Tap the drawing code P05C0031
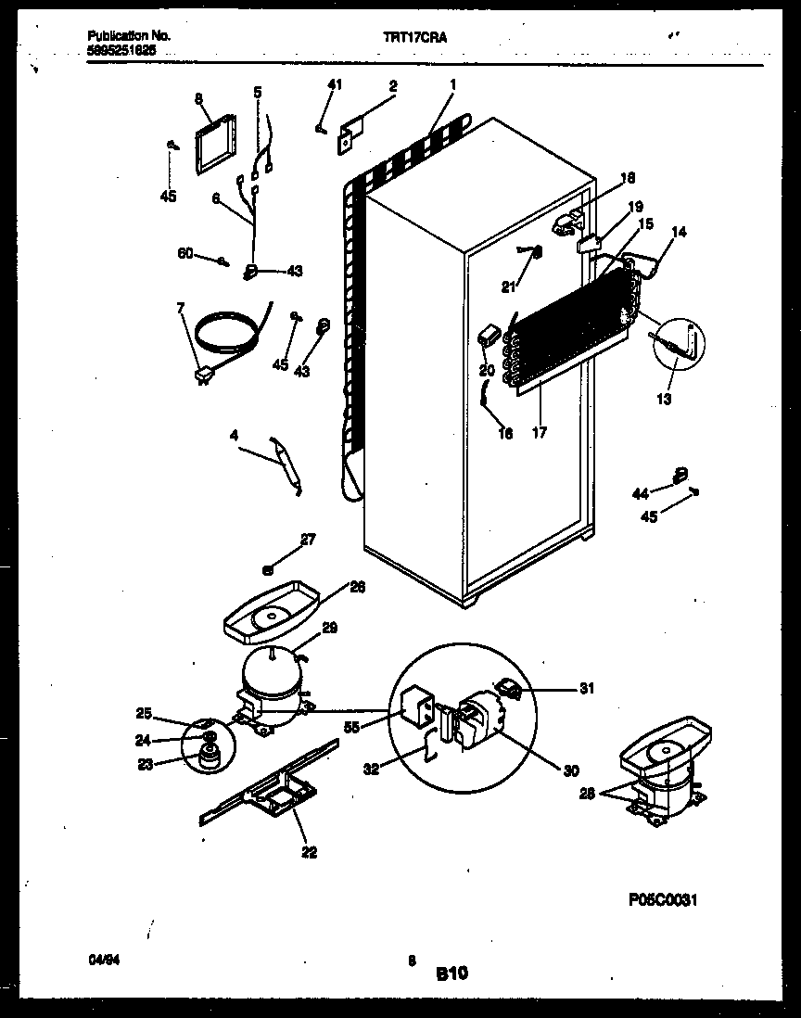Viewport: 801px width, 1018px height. click(662, 899)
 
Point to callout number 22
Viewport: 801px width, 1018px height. click(308, 852)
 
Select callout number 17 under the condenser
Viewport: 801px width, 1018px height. click(540, 432)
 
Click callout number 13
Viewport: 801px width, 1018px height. click(664, 400)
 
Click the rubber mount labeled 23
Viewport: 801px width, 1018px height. click(203, 757)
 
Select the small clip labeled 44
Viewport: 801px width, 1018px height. click(681, 476)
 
